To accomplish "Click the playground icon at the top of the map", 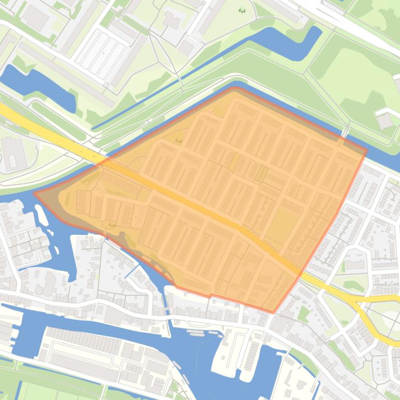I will click(x=242, y=10).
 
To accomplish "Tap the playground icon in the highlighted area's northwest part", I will click(x=179, y=141).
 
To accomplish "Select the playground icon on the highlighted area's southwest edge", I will click(x=112, y=225).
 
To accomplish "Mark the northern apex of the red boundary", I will click(x=233, y=89).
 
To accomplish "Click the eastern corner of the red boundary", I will click(x=366, y=151).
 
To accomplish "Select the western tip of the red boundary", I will click(x=35, y=193).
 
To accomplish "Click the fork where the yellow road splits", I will click(x=353, y=300).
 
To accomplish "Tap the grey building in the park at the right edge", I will click(x=385, y=121).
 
